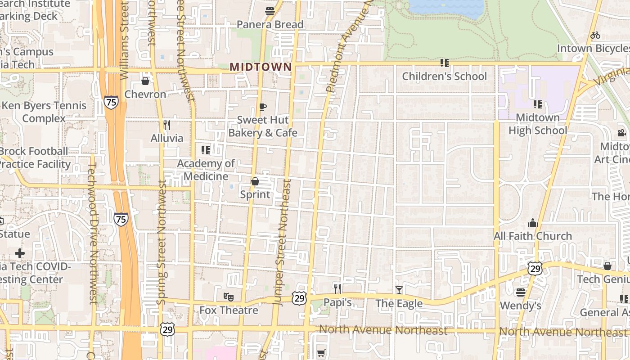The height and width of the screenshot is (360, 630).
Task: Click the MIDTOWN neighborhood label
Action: pos(261,67)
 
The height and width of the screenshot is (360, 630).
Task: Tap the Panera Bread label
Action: pos(270,24)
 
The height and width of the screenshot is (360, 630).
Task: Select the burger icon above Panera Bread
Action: pos(270,11)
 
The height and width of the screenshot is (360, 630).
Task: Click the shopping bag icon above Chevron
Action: pos(145,81)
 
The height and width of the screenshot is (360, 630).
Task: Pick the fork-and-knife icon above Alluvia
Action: pos(167,125)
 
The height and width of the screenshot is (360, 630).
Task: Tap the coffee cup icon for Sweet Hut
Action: pos(263,107)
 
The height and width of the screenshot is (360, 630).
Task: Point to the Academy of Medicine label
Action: pos(206,170)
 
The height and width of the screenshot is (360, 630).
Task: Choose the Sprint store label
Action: pos(255,194)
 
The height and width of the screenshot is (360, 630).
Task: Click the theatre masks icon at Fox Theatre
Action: pos(229,297)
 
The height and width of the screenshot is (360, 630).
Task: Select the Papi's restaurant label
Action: pos(337,302)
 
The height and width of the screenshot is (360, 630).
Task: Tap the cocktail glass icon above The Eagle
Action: pos(399,290)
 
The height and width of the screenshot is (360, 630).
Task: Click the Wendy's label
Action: pos(521,306)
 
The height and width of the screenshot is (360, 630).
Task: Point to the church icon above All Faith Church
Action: pos(533,223)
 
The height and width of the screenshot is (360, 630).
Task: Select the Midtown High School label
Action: pos(538,124)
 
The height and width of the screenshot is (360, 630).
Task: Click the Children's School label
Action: pos(444,76)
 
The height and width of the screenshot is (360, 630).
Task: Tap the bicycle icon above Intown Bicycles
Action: pos(595,35)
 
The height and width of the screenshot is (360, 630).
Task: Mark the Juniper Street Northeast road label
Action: pos(283,243)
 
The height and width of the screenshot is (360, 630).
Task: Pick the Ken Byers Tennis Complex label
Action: pos(44,112)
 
